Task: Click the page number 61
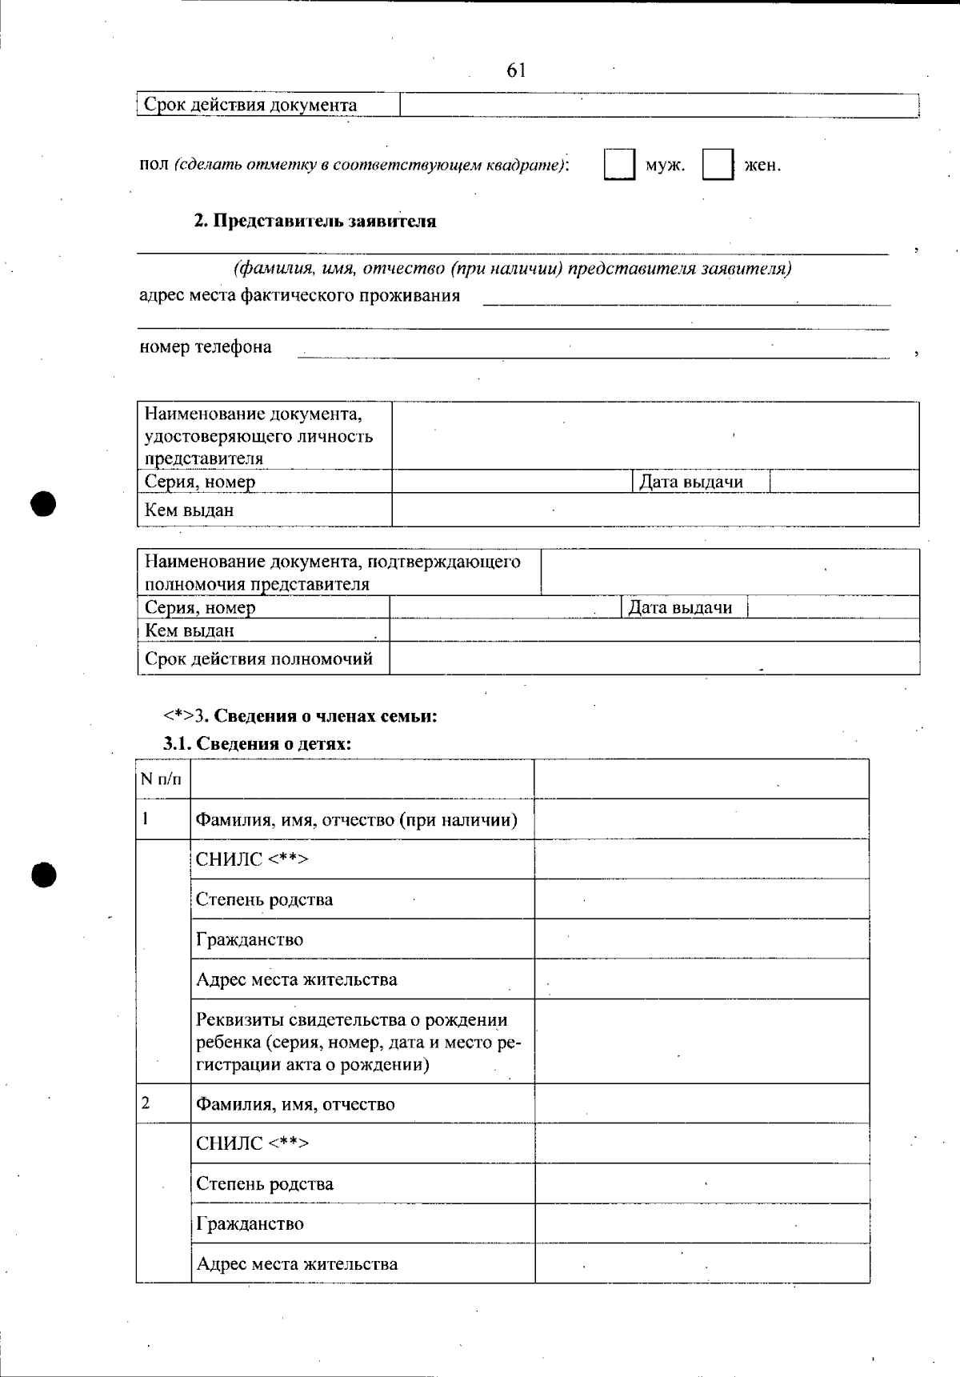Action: tap(516, 70)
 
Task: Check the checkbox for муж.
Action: tap(619, 165)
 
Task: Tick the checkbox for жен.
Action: tap(718, 165)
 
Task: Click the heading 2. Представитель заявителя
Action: tap(315, 221)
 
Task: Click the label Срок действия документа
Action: tap(250, 105)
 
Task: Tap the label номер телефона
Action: tap(206, 346)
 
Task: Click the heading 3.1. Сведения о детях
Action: tap(258, 743)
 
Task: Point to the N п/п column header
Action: tap(161, 779)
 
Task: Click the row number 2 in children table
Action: tap(146, 1103)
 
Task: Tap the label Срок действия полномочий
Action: tap(258, 659)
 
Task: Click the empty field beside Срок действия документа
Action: tap(658, 105)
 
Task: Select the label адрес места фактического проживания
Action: tap(299, 295)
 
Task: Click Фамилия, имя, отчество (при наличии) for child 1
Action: tap(357, 819)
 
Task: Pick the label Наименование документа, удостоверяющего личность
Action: tap(258, 436)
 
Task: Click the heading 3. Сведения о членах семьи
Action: tap(301, 715)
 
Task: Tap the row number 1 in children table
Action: tap(146, 819)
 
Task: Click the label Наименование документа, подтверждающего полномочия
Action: tap(332, 572)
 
